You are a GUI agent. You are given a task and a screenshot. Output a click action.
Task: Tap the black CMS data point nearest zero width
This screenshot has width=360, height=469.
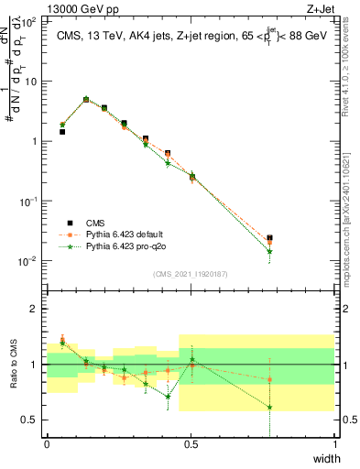(x=62, y=132)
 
